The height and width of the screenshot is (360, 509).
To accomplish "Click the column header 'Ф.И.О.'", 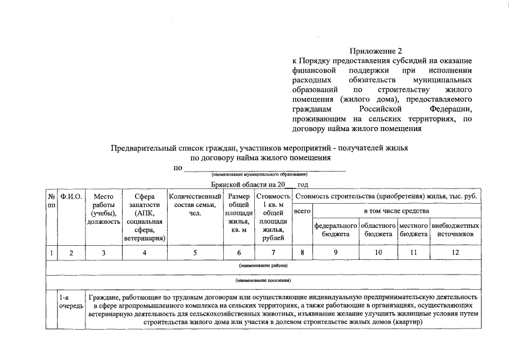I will pos(71,197).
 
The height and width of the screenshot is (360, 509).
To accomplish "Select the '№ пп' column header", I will pos(51,201).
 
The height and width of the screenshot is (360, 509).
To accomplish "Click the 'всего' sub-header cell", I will pos(303,211).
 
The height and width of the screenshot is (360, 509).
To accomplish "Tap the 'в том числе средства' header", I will pos(397,211).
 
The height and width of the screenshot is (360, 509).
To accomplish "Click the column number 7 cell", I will pos(273,253).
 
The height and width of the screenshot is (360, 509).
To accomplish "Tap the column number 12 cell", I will pos(456,253).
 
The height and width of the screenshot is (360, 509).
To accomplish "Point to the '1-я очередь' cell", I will pos(71,301).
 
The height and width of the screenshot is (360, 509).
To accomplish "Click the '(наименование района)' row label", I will pos(263,265).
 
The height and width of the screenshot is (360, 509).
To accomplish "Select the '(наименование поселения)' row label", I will pos(263,280).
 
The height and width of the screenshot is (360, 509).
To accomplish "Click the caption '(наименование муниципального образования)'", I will pos(263,175).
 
